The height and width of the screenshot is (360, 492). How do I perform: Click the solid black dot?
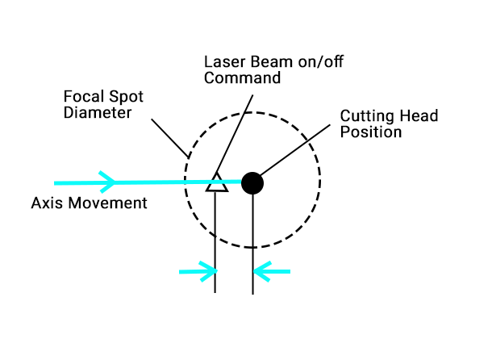[x=252, y=183]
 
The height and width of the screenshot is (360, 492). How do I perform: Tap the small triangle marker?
[x=215, y=183]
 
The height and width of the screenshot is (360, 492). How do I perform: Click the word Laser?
[x=223, y=62]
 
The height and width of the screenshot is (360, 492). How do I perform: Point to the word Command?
[x=242, y=78]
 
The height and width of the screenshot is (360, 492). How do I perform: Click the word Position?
[x=371, y=132]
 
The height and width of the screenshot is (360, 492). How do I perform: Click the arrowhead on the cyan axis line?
[x=107, y=182]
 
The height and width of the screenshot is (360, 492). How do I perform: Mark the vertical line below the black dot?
[x=253, y=242]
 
